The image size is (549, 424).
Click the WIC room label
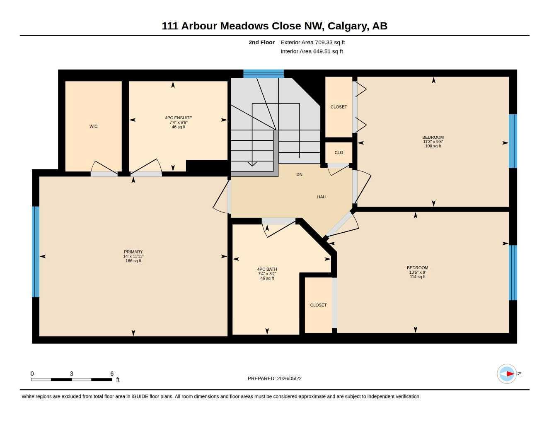point(93,126)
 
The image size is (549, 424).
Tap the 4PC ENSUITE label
point(178,118)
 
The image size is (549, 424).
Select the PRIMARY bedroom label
point(133,252)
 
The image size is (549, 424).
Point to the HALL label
point(322,197)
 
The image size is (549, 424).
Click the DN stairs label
point(299,174)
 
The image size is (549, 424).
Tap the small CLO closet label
point(339,152)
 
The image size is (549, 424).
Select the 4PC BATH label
point(267,269)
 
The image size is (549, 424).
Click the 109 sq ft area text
point(433,146)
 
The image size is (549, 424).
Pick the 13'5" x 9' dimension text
point(417,272)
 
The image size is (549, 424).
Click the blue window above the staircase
point(263,74)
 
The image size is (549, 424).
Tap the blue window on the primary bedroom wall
point(36,252)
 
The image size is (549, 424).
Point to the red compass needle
point(510,373)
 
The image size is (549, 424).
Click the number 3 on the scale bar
point(72,373)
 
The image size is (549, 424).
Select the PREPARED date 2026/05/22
point(289,378)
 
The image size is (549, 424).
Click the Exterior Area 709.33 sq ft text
point(312,42)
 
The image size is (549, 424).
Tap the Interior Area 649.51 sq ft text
point(312,51)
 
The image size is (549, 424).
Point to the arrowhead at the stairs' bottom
point(252,164)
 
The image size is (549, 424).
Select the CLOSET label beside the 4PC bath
point(318,305)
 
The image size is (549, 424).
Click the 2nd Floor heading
point(261,42)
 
